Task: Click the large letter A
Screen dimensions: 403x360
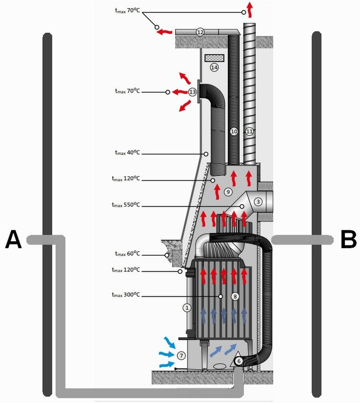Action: (x=13, y=240)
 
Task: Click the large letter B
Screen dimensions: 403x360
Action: (x=349, y=240)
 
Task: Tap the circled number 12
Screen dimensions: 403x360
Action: (x=200, y=32)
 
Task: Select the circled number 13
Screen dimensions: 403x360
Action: (x=193, y=92)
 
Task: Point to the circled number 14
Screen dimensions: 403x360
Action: (x=214, y=67)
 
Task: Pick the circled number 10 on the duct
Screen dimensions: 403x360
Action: (x=234, y=131)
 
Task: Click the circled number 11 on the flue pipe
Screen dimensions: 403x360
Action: (x=249, y=131)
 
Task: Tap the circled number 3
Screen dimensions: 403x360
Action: (x=258, y=201)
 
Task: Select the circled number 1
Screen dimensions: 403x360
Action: (x=187, y=308)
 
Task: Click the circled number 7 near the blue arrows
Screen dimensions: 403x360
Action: (x=182, y=355)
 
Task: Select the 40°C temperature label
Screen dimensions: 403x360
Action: (x=127, y=153)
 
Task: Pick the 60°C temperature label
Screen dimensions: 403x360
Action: (x=127, y=254)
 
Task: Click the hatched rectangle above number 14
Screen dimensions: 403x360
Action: (x=214, y=56)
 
